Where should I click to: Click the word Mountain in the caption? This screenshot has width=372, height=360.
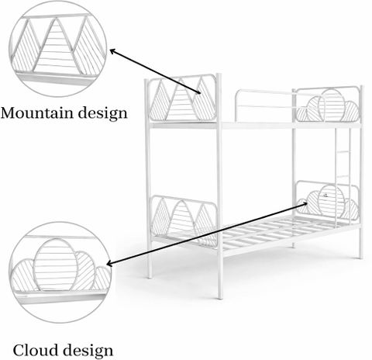[36, 112]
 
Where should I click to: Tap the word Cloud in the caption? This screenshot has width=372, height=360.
[33, 350]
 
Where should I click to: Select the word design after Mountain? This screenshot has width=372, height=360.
[103, 113]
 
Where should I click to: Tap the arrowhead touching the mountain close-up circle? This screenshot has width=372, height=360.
[113, 51]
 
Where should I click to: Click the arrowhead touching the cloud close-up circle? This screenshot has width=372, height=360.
[110, 264]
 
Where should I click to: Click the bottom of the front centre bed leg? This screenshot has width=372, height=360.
[220, 297]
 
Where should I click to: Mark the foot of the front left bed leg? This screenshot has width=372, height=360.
[150, 276]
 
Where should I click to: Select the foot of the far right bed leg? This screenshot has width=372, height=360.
[361, 257]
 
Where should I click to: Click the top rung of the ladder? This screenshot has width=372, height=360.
[343, 151]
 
